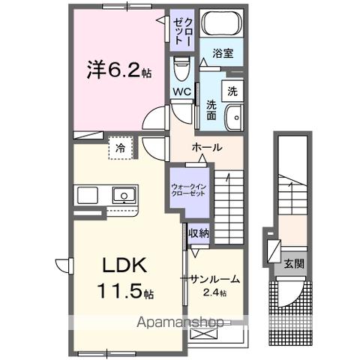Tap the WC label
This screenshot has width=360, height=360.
182,92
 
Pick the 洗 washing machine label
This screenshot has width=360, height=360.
232,91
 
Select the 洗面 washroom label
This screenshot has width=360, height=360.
212,112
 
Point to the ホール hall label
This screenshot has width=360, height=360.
206,148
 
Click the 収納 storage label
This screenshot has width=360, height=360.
199,233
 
